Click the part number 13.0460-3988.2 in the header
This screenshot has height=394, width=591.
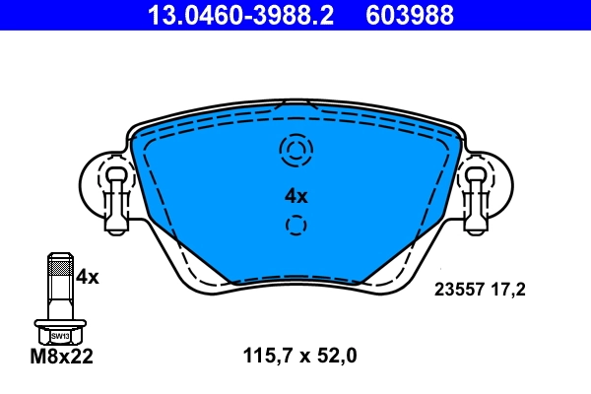tap(239, 15)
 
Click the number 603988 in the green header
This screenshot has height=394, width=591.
tap(410, 15)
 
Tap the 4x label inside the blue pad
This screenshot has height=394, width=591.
tap(295, 195)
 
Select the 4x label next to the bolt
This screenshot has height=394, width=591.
tap(88, 277)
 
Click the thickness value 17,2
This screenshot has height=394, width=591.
tap(509, 291)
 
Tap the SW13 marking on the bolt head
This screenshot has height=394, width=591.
tap(60, 336)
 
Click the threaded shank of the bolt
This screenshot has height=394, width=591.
tap(59, 286)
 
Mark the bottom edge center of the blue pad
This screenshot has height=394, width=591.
tap(295, 282)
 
